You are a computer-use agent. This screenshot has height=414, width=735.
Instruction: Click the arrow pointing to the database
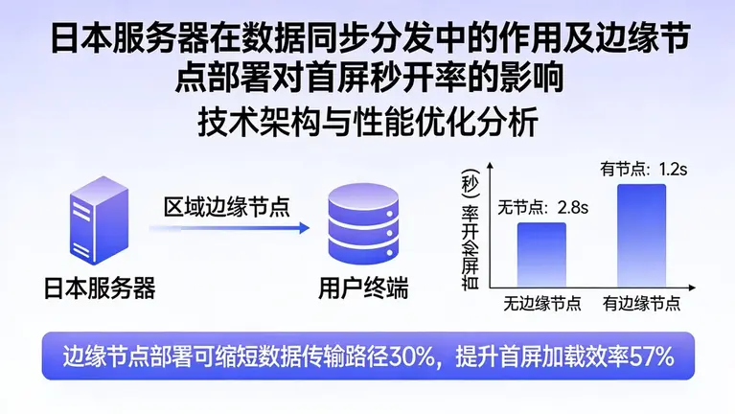coord(230,228)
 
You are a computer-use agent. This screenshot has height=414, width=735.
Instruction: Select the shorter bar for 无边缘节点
coord(541,256)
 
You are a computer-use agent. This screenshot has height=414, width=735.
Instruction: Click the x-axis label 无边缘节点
coord(542,304)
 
